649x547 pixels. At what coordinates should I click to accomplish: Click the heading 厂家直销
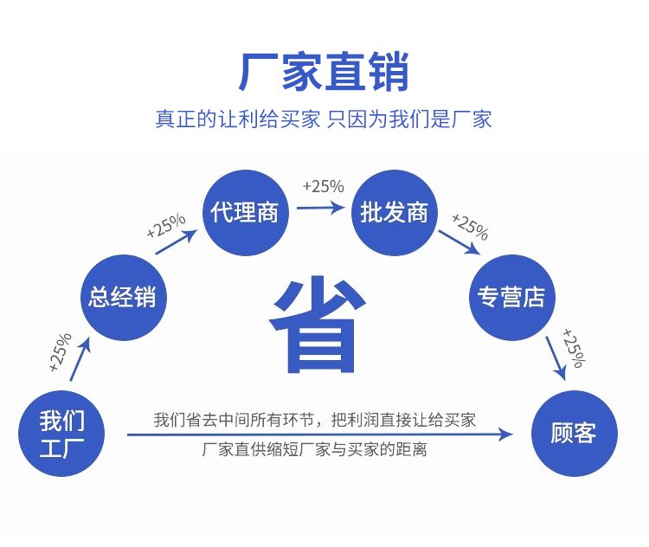(324, 72)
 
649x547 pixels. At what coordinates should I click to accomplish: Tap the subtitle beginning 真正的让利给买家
(324, 119)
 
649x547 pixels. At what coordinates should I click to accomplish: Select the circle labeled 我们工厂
(61, 433)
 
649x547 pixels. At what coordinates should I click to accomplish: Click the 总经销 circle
(124, 298)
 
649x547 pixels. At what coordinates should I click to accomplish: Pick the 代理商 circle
(246, 212)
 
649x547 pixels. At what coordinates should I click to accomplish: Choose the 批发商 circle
(394, 212)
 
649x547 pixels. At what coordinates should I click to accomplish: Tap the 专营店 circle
(512, 298)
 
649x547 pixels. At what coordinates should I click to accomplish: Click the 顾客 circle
(574, 433)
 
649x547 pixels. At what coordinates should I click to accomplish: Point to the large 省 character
(318, 325)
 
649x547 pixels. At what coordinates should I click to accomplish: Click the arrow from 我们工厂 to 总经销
(80, 359)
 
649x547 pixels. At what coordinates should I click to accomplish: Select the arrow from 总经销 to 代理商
(176, 241)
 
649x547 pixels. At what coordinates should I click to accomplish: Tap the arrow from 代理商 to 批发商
(321, 207)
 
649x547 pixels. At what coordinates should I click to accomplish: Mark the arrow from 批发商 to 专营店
(459, 242)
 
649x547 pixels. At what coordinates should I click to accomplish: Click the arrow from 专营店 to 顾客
(556, 357)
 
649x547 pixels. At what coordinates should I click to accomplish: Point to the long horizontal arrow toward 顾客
(320, 434)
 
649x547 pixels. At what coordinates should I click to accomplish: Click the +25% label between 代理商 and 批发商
(324, 186)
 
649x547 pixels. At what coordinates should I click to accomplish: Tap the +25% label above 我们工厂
(61, 352)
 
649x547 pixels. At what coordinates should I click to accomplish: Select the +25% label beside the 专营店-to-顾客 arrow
(574, 348)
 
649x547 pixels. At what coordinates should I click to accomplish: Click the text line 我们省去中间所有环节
(315, 420)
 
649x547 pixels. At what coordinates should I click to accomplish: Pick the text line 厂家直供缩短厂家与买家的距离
(315, 449)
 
